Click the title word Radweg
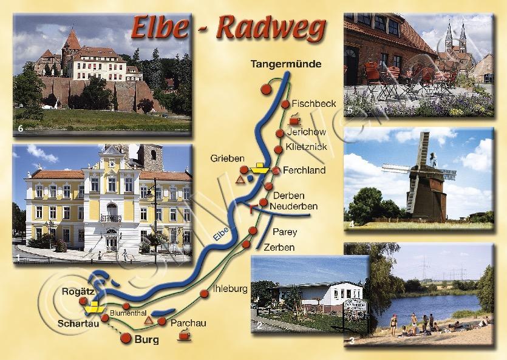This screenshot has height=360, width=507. pos(271,28)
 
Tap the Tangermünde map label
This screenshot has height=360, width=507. pos(285,64)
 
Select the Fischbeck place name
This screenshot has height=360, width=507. pos(313,103)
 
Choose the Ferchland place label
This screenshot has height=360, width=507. pos(304,171)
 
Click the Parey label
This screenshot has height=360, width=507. pos(285,231)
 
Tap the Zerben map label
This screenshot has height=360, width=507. pos(279,247)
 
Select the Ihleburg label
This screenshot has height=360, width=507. pos(230,288)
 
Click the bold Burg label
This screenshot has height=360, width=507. pos(147,339)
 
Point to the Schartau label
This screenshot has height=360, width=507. pos(75,322)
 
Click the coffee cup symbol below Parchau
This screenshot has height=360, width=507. pos(183,335)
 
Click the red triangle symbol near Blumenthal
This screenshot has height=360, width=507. pos(149,302)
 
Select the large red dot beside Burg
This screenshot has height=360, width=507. pos(127,338)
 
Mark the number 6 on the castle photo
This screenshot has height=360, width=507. pos(21,128)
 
